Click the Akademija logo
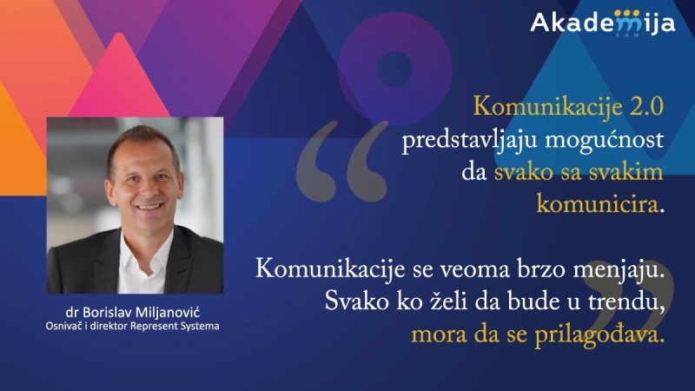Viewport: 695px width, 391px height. click(603, 23)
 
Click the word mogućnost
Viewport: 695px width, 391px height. click(605, 141)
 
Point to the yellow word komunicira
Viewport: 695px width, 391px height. click(597, 205)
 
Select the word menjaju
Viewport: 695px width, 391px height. click(617, 270)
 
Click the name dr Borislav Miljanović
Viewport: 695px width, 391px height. click(133, 313)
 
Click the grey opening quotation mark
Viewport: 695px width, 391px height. click(341, 161)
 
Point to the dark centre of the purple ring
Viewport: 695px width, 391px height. click(394, 69)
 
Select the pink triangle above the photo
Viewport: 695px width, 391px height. click(119, 76)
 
